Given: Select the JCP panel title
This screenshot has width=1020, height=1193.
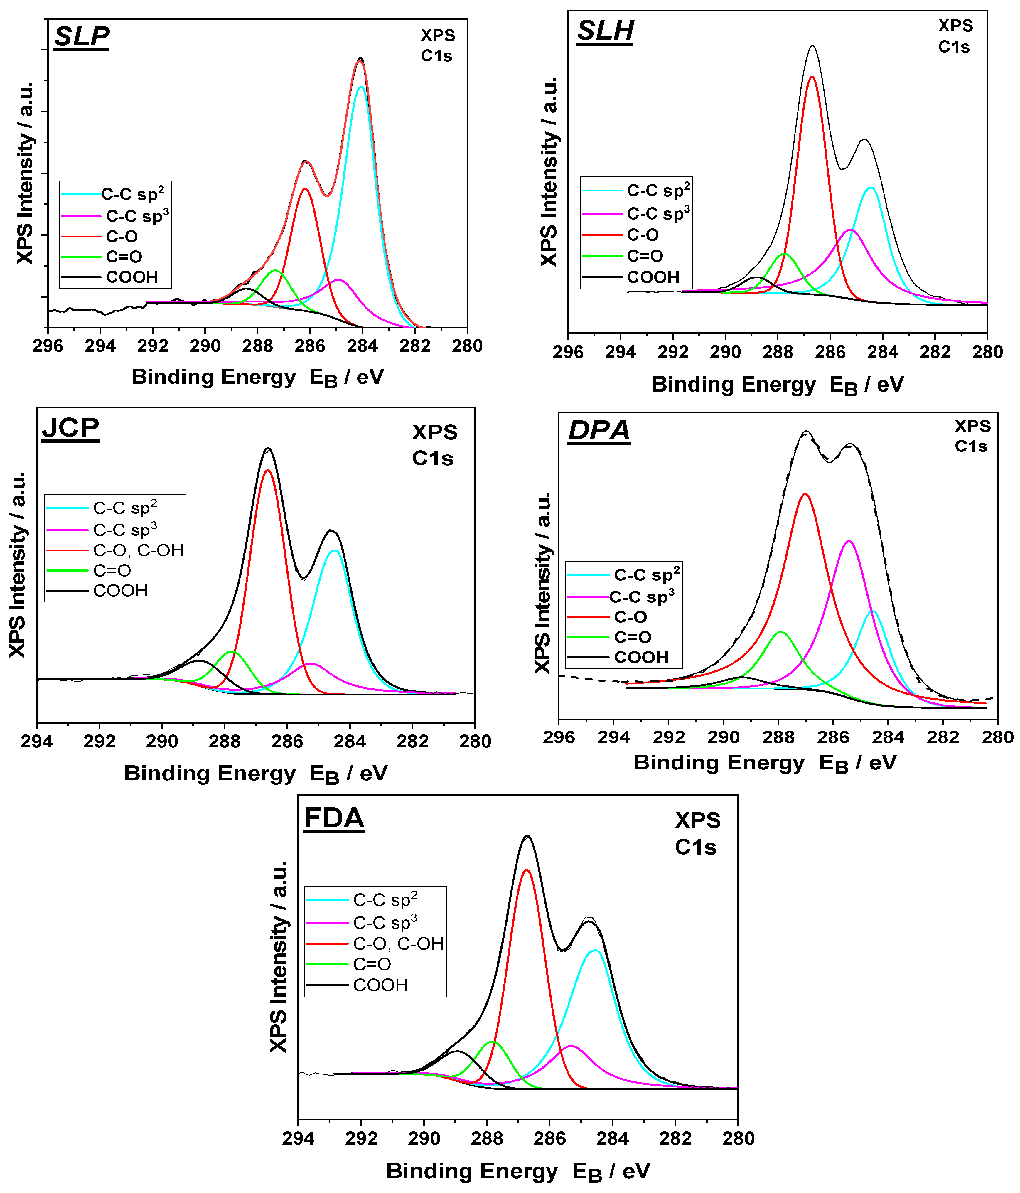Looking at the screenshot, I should (70, 428).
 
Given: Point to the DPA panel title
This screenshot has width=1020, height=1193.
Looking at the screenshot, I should (599, 431).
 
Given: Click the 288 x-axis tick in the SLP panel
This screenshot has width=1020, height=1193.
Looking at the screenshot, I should (257, 346).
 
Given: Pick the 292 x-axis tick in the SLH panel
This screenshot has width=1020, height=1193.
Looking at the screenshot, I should (673, 352).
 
